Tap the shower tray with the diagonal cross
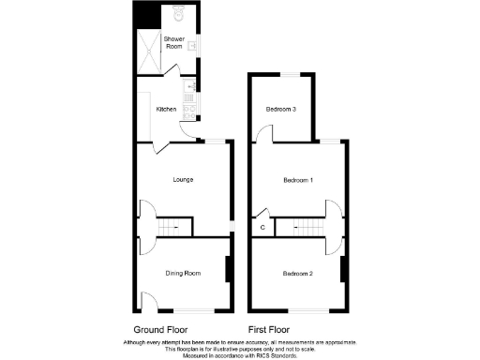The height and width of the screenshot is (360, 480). click(149, 44)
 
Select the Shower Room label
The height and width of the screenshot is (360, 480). click(173, 42)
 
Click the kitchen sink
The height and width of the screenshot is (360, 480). click(189, 90)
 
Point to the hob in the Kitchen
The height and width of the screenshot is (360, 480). click(189, 112)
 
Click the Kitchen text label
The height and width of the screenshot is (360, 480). click(166, 110)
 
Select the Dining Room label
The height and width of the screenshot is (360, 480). click(183, 273)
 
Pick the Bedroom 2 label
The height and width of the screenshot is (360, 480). click(298, 273)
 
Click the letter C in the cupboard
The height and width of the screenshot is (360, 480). click(262, 227)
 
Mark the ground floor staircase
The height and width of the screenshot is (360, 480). click(173, 227)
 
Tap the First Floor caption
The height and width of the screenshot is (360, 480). click(268, 330)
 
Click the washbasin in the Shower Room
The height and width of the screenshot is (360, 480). click(191, 44)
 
